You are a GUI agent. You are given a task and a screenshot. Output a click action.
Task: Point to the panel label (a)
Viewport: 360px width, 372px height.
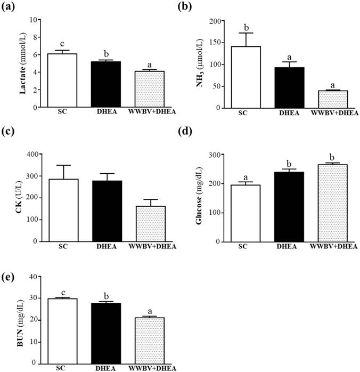click(x=11, y=7)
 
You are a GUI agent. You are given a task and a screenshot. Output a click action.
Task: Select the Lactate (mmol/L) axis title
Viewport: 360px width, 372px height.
click(x=23, y=63)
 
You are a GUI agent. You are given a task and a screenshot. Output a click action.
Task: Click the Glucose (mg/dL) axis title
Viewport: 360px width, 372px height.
click(x=200, y=198)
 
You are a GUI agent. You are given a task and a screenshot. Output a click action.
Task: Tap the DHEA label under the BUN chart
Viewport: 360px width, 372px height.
click(x=107, y=368)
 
